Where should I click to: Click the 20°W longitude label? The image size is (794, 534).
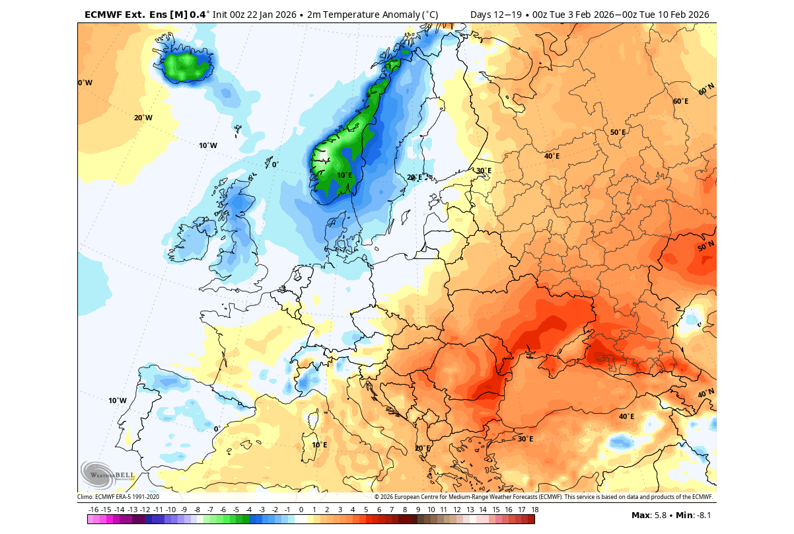tap(143, 118)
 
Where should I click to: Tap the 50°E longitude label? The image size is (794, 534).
tap(618, 132)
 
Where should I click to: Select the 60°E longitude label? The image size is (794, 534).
tap(680, 101)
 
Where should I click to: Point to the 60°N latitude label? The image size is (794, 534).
tap(706, 89)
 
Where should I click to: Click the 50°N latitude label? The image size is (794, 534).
tap(705, 247)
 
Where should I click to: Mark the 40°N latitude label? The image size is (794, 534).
tap(705, 394)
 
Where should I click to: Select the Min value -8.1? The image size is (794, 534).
tap(703, 515)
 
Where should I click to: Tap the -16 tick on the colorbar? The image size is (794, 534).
tap(93, 510)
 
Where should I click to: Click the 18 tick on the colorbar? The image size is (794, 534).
tap(534, 510)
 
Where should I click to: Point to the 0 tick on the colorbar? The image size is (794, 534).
tap(301, 510)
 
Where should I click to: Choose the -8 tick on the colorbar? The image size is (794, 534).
tap(197, 510)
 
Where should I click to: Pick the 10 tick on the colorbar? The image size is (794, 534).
tap(431, 510)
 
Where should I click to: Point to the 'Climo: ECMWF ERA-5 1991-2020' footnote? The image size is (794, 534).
tap(118, 497)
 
